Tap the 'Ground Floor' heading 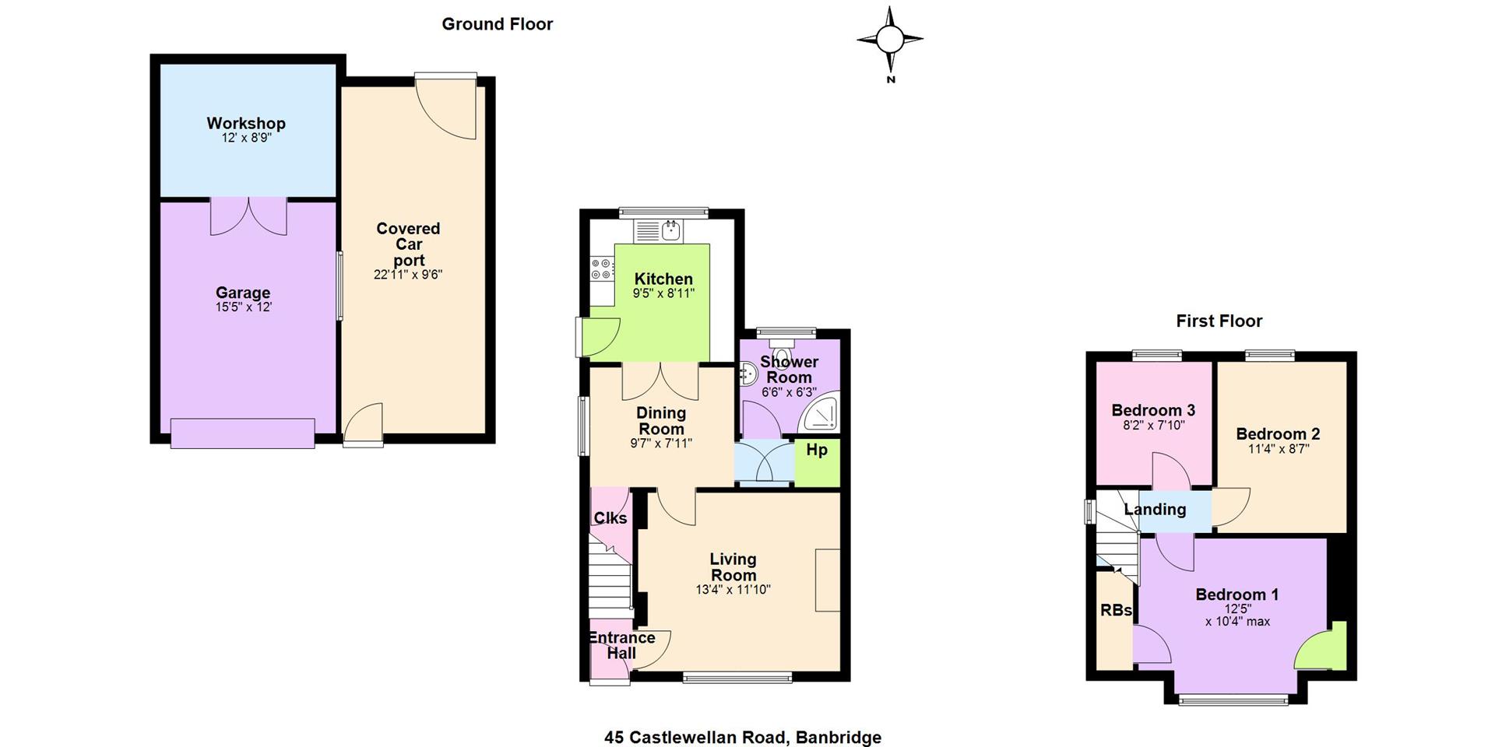click(x=498, y=24)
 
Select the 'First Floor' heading click(x=1219, y=321)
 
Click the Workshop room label click(x=246, y=123)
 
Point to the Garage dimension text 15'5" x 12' click(x=244, y=307)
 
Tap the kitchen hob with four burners click(x=602, y=269)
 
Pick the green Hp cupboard click(x=817, y=464)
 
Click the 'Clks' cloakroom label click(x=610, y=518)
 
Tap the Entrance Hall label click(x=621, y=646)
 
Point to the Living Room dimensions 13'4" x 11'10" click(x=733, y=590)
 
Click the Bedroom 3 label click(x=1153, y=410)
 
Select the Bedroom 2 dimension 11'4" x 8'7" click(x=1278, y=449)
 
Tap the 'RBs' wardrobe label click(x=1116, y=611)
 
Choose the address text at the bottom click(x=743, y=737)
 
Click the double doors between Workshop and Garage click(x=248, y=216)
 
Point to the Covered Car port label click(x=409, y=244)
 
